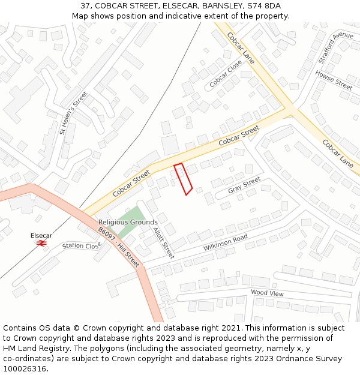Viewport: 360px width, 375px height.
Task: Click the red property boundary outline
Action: [183, 178]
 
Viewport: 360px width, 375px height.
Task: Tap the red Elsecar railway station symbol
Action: [41, 243]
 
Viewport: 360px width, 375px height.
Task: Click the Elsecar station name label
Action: [41, 236]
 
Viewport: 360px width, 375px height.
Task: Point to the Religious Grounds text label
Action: [128, 223]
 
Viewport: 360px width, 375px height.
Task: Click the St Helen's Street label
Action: [74, 112]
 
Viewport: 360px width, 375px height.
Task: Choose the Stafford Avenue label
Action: [336, 48]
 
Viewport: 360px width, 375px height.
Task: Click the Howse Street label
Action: [334, 80]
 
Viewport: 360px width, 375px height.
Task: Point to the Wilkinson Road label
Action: [225, 242]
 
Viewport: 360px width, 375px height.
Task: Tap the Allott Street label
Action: [163, 242]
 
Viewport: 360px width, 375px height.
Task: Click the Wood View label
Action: [267, 293]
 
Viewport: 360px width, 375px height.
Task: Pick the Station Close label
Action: [82, 245]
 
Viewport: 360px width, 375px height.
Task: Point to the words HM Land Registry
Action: [35, 348]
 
